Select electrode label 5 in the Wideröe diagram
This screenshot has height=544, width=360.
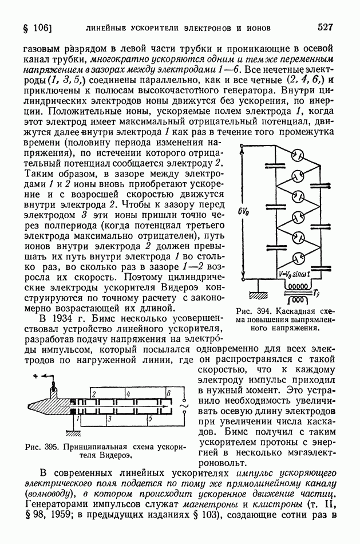pos(149,420)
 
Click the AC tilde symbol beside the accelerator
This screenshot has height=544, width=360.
pos(184,407)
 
